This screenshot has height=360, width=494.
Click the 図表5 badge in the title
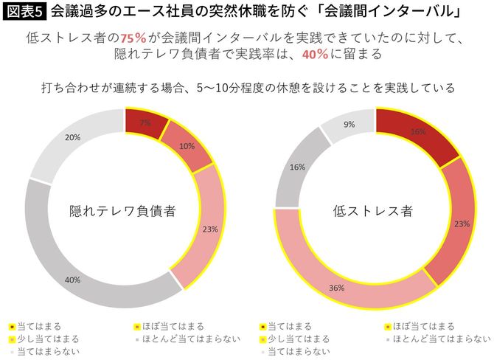pos(25,12)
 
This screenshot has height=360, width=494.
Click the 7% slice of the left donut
pos(145,122)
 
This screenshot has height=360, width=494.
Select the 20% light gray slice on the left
pos(73,138)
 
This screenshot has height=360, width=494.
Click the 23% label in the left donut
pos(209,229)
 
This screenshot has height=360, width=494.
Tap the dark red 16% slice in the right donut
pos(417,131)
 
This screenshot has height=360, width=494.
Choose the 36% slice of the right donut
pos(336,288)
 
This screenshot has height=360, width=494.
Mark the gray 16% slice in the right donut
pos(298,167)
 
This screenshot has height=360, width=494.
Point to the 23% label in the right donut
pos(460,223)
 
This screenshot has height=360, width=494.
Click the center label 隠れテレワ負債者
pos(122,210)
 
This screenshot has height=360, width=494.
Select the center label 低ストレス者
pos(372,210)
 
